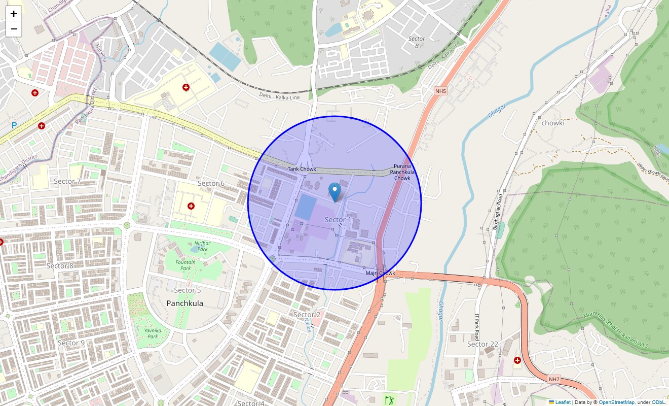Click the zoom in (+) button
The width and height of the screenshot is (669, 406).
point(14,14)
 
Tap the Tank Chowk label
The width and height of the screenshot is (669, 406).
point(302,169)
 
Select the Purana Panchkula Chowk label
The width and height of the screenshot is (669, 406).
point(402,172)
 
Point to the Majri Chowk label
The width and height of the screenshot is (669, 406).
point(380,273)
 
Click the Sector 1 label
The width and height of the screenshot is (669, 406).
point(338,220)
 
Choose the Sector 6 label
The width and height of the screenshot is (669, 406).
point(211,183)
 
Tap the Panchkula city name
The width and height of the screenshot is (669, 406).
point(185,303)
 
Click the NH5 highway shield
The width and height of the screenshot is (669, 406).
point(440,91)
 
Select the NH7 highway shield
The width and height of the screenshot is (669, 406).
point(554,379)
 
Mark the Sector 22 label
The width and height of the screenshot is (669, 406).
point(482,344)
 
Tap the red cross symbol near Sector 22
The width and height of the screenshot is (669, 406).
point(517,360)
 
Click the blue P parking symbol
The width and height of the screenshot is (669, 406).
point(14,125)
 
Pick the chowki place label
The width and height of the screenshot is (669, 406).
point(553,123)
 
